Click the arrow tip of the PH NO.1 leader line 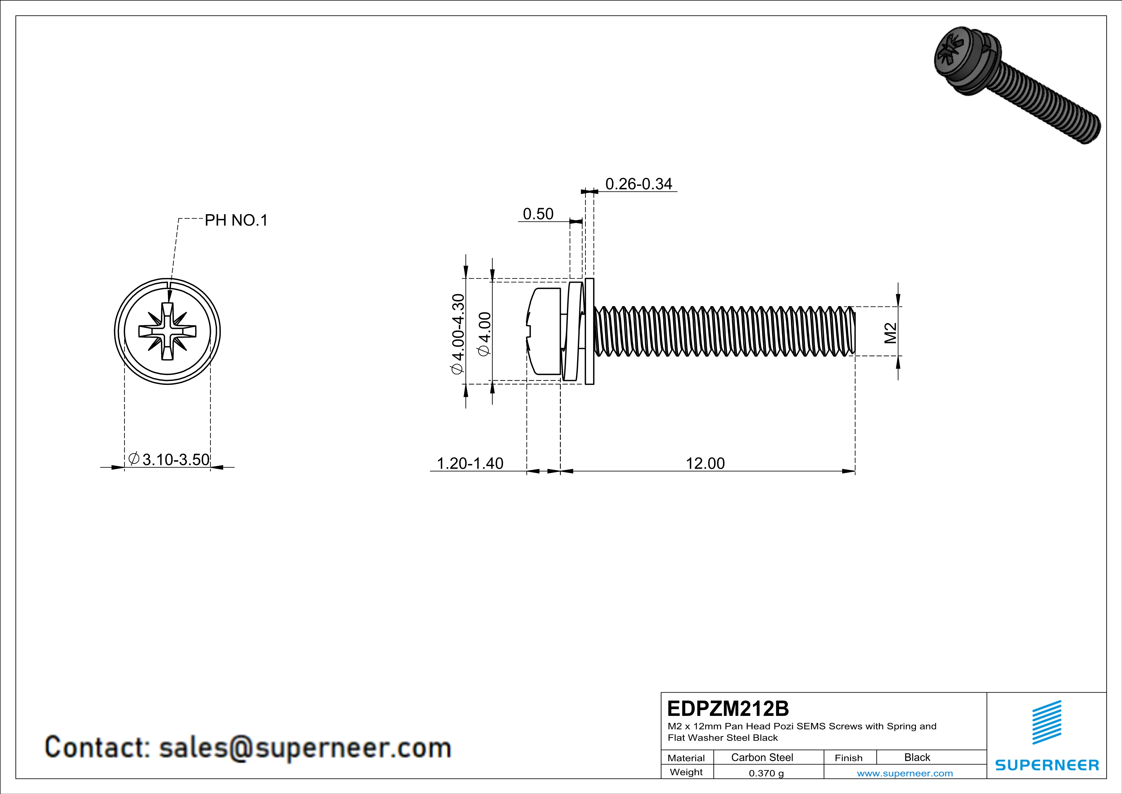[x=169, y=303]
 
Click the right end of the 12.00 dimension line [x=855, y=471]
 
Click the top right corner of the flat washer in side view [x=594, y=279]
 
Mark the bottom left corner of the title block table [x=661, y=778]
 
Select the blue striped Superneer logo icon [x=1046, y=722]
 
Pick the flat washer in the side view [x=589, y=331]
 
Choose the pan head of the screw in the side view [x=544, y=331]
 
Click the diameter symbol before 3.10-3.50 [x=134, y=458]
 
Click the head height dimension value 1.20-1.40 [x=470, y=463]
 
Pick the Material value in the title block [x=762, y=757]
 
